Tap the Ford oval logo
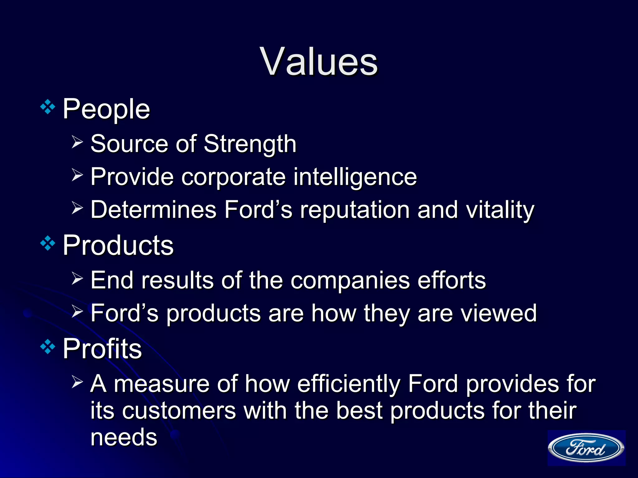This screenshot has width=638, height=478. pyautogui.click(x=586, y=448)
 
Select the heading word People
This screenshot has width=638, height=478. pyautogui.click(x=106, y=109)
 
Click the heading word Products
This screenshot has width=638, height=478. pyautogui.click(x=118, y=245)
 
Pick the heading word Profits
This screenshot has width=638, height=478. pyautogui.click(x=102, y=349)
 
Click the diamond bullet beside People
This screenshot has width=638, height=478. pyautogui.click(x=48, y=107)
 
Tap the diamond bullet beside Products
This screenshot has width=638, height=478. pyautogui.click(x=48, y=244)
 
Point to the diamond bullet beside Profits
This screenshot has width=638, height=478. pyautogui.click(x=48, y=347)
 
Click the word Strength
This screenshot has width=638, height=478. pyautogui.click(x=250, y=144)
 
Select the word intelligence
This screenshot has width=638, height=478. pyautogui.click(x=355, y=177)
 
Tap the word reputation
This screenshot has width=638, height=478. pyautogui.click(x=355, y=210)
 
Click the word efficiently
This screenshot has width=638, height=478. pyautogui.click(x=348, y=384)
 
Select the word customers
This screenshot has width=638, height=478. pyautogui.click(x=179, y=410)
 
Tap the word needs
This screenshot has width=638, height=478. pyautogui.click(x=124, y=437)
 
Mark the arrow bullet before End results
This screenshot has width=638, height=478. pyautogui.click(x=77, y=278)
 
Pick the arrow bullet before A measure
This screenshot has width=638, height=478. pyautogui.click(x=77, y=382)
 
